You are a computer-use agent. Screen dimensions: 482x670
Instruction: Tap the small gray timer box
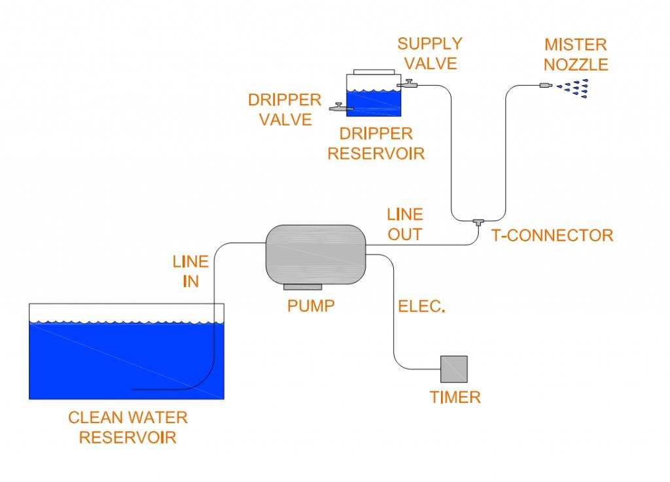pyautogui.click(x=453, y=369)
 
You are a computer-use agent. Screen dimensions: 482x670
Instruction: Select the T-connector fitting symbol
pyautogui.click(x=478, y=222)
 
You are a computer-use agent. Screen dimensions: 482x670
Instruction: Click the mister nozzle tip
pyautogui.click(x=544, y=85)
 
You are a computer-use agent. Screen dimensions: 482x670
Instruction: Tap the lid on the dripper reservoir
pyautogui.click(x=372, y=71)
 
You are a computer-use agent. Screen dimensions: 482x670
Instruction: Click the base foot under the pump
pyautogui.click(x=302, y=287)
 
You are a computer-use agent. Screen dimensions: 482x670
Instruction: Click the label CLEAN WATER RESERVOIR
pyautogui.click(x=128, y=426)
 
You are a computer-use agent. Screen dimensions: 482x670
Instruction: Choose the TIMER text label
pyautogui.click(x=455, y=396)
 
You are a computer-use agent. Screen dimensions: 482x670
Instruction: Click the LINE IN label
pyautogui.click(x=190, y=271)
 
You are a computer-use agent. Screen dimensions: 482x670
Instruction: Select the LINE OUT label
pyautogui.click(x=404, y=224)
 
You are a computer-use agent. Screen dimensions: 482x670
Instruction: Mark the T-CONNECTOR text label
pyautogui.click(x=552, y=235)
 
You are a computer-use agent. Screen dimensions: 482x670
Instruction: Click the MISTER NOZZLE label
pyautogui.click(x=576, y=55)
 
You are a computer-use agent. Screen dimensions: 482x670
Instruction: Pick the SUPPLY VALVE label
pyautogui.click(x=430, y=54)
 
